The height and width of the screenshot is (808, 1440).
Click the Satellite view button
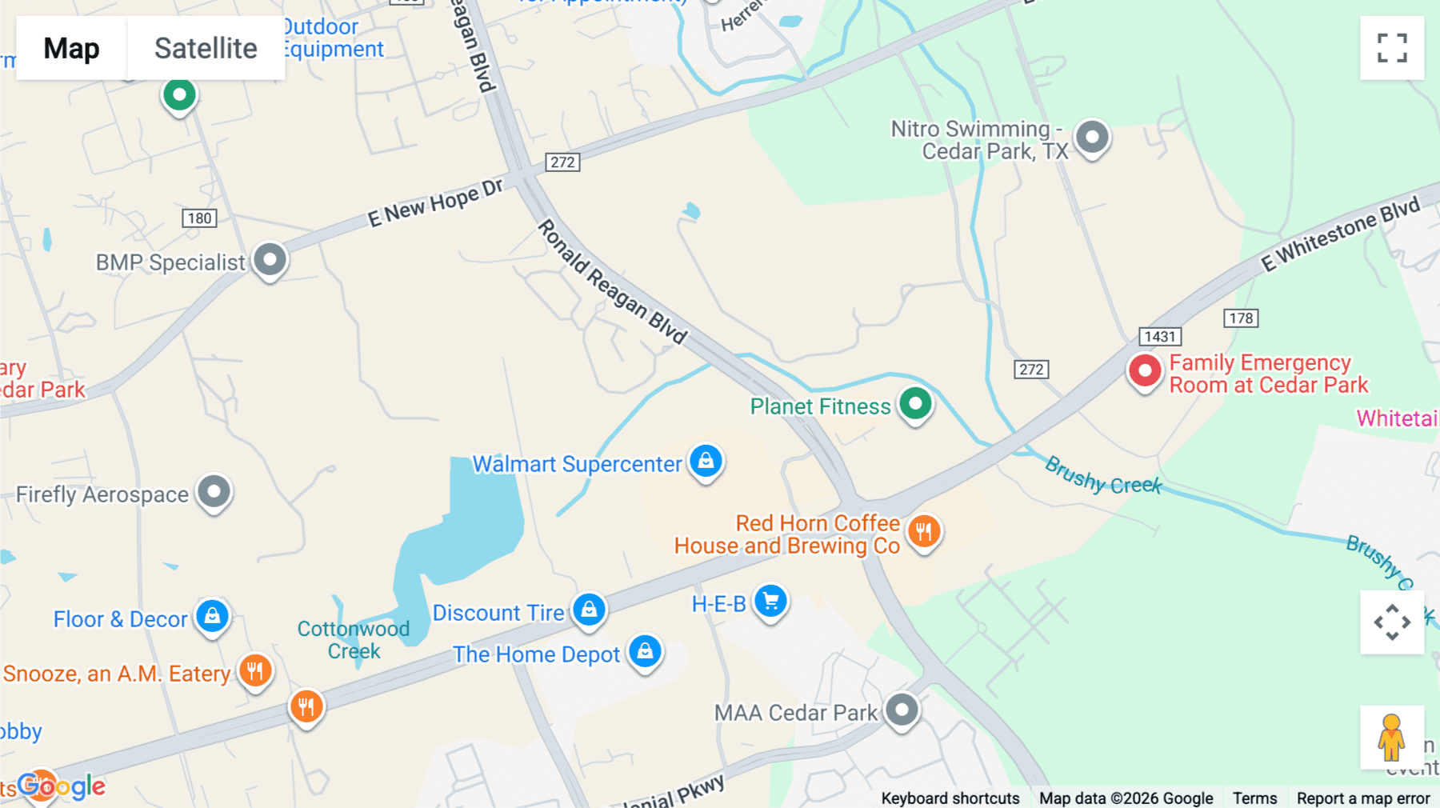pos(206,48)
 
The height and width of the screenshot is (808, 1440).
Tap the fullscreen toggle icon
pos(1392,48)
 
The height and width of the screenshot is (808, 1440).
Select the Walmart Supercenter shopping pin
pos(706,462)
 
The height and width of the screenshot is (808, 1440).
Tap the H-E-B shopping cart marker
pos(770,602)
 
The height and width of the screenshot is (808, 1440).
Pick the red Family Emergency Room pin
pos(1145,371)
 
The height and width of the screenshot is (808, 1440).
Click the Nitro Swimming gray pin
pos(1092,137)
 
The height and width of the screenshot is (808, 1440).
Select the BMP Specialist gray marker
pos(270,260)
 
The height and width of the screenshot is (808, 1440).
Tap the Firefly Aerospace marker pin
pos(214,492)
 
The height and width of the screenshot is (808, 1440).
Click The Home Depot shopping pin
pos(645,652)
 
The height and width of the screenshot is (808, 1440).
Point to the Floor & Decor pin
pos(212,617)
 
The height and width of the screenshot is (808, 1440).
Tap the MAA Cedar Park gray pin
pos(902,710)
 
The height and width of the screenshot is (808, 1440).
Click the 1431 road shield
pos(1160,337)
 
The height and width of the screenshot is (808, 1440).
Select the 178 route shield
pos(1241,318)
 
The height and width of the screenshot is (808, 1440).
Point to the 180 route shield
pos(199,218)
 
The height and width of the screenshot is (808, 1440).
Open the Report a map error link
pos(1363,798)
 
